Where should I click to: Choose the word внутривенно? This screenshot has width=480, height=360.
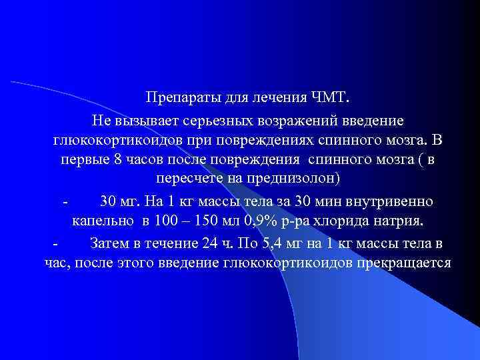[396, 201]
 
